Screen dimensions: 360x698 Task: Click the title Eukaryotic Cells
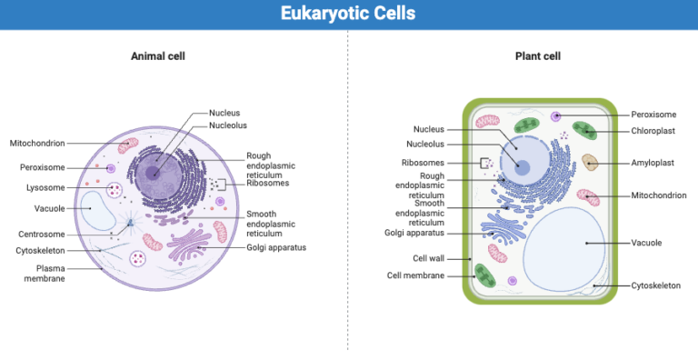348,14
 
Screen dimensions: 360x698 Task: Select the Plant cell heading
537,56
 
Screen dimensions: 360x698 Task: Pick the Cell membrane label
415,275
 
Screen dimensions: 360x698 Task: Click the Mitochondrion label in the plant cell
659,195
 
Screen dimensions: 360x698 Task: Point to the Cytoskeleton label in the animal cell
39,250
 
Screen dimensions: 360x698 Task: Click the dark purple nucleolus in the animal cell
155,172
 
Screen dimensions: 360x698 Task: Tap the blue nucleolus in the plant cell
522,165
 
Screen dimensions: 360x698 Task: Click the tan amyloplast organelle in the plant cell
591,162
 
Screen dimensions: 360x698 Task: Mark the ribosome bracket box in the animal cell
220,184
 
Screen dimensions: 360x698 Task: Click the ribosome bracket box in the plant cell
485,164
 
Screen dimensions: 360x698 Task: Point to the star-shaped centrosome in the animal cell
131,223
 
